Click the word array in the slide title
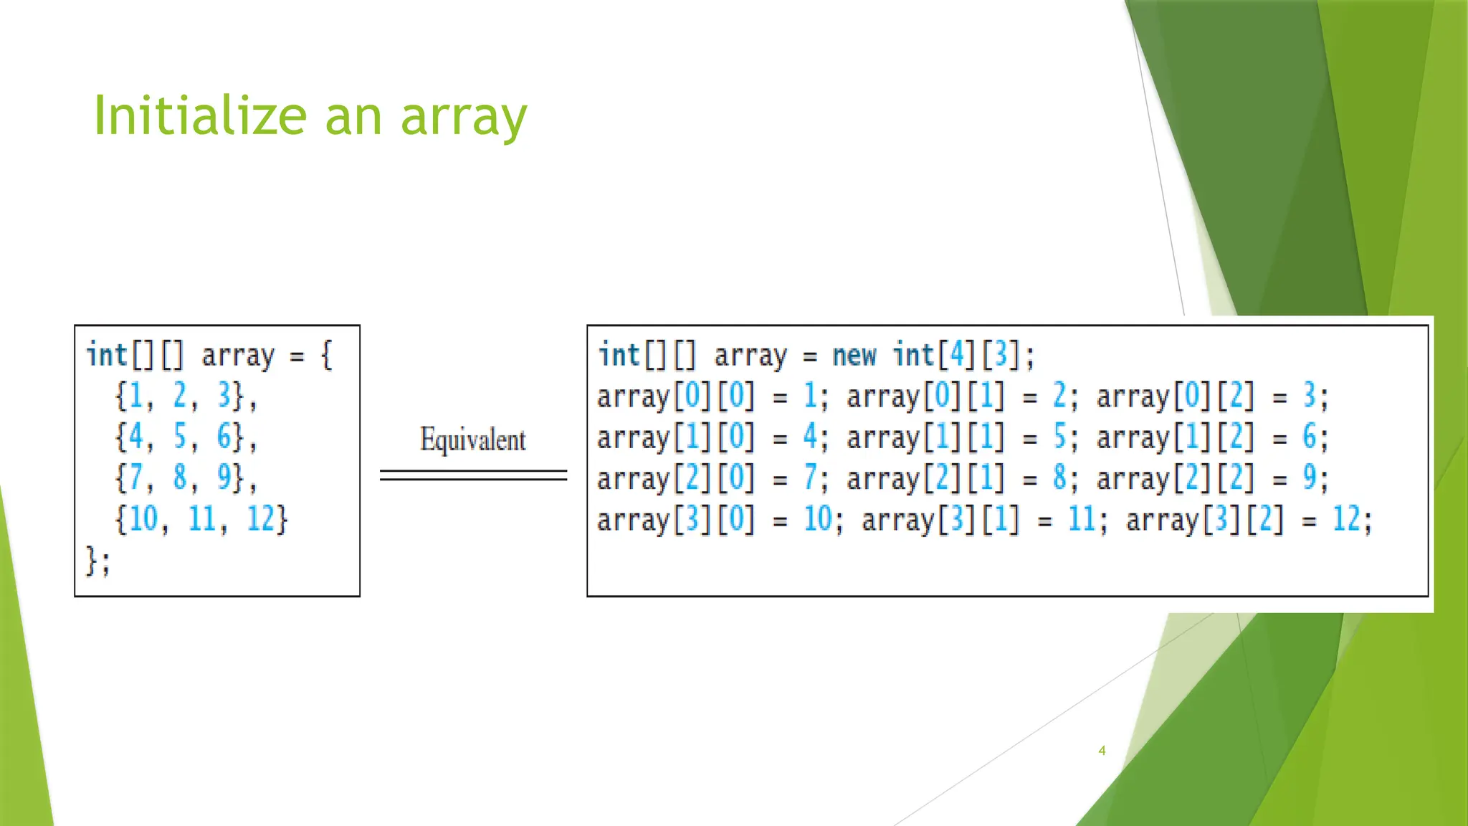464,118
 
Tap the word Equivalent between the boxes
472,440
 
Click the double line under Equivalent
473,475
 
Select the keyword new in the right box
854,355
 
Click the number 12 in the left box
260,518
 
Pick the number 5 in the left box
179,436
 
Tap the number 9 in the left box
224,477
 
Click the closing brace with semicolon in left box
97,561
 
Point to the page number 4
1102,751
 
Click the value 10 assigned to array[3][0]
817,518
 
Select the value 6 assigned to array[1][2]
1309,436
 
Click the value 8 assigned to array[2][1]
1059,478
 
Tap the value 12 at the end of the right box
1346,518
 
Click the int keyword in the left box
106,355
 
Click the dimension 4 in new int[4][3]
957,355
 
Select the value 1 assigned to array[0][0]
810,396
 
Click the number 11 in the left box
202,518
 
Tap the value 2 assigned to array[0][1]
1059,396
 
